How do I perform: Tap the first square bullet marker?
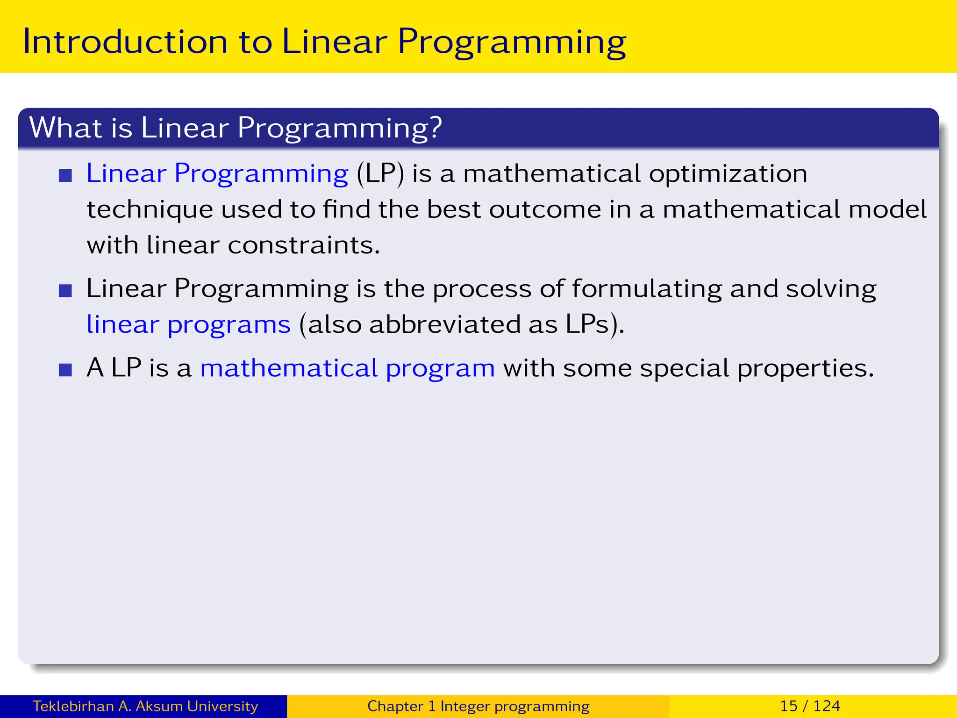click(x=65, y=176)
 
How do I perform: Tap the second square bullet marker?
click(x=65, y=291)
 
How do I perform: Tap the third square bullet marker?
click(x=65, y=370)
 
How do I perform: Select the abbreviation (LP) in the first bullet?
click(x=380, y=174)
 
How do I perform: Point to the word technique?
click(x=150, y=210)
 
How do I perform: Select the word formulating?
click(x=647, y=289)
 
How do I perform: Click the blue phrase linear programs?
click(x=188, y=325)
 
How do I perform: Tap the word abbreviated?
click(x=444, y=325)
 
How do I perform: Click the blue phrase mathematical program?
click(x=347, y=369)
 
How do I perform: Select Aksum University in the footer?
click(x=197, y=706)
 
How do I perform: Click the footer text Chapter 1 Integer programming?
click(x=478, y=706)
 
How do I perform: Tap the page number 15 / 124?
click(x=810, y=706)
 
